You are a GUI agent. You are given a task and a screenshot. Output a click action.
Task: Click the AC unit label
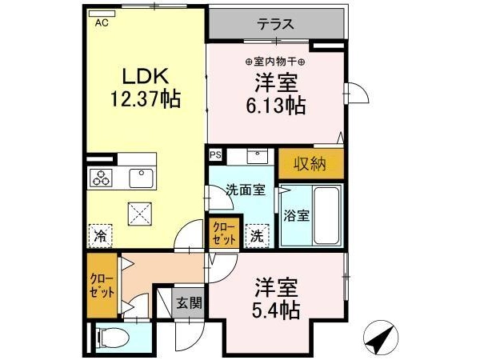pyautogui.click(x=102, y=23)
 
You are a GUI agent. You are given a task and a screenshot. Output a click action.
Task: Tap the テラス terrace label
pyautogui.click(x=276, y=24)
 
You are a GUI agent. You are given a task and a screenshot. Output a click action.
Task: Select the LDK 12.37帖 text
pyautogui.click(x=146, y=87)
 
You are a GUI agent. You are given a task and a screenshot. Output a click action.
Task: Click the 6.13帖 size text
pyautogui.click(x=276, y=106)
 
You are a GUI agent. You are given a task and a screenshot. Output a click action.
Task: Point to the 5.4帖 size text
pyautogui.click(x=276, y=310)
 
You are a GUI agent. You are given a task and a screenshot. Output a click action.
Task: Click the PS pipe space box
pyautogui.click(x=215, y=155)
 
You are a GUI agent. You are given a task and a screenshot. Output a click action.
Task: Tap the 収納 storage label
pyautogui.click(x=310, y=164)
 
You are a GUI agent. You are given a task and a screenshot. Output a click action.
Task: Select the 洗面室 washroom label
pyautogui.click(x=246, y=190)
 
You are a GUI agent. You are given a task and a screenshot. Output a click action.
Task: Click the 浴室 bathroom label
pyautogui.click(x=296, y=216)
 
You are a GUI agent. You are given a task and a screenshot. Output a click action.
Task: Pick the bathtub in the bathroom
pyautogui.click(x=326, y=215)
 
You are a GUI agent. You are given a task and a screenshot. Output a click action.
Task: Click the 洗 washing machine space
pyautogui.click(x=257, y=236)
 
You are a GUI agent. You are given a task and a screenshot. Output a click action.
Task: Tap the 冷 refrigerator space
pyautogui.click(x=100, y=236)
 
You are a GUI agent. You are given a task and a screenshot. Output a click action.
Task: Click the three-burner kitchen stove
pyautogui.click(x=101, y=178)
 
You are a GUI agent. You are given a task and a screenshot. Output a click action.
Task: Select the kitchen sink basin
pyautogui.click(x=141, y=178)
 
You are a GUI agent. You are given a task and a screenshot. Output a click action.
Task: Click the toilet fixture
pyautogui.click(x=113, y=338)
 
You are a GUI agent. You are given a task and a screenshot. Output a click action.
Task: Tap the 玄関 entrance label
pyautogui.click(x=190, y=303)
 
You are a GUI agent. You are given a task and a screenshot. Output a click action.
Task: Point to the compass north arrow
pyautogui.click(x=381, y=338)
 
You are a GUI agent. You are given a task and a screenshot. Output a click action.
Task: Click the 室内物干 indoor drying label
pyautogui.click(x=275, y=62)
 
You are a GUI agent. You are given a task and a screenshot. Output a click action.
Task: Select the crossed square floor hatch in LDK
pyautogui.click(x=140, y=214)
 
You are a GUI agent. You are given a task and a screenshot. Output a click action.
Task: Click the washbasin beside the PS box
pyautogui.click(x=258, y=156)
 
